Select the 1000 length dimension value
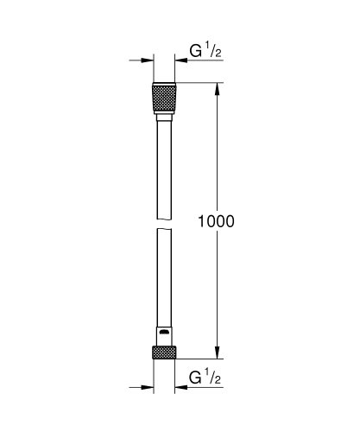216,220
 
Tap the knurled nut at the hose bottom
163,352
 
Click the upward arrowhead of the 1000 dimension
216,87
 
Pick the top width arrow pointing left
183,60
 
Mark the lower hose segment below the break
163,276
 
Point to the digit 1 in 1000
202,220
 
